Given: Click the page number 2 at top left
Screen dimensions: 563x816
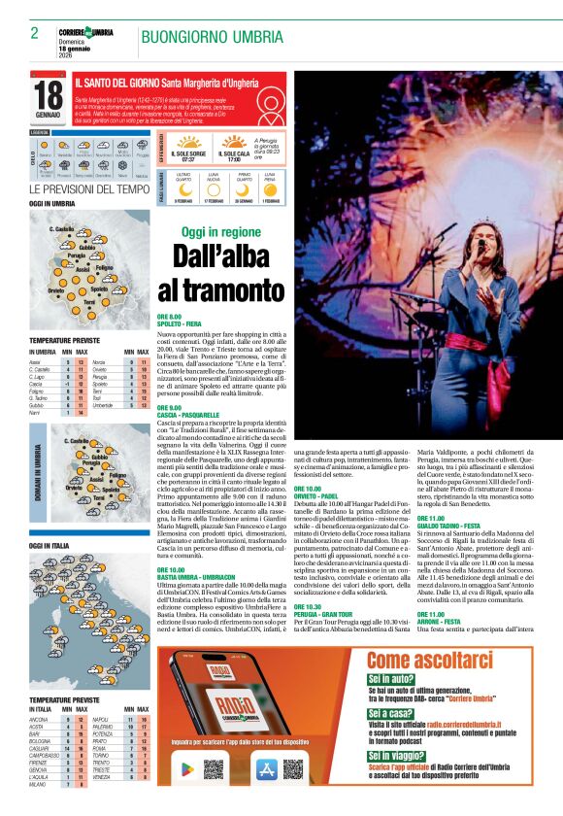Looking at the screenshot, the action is tap(34, 33).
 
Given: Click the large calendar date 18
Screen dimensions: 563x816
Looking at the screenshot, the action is tap(49, 96).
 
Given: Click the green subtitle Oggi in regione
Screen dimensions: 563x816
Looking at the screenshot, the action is tap(221, 232).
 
